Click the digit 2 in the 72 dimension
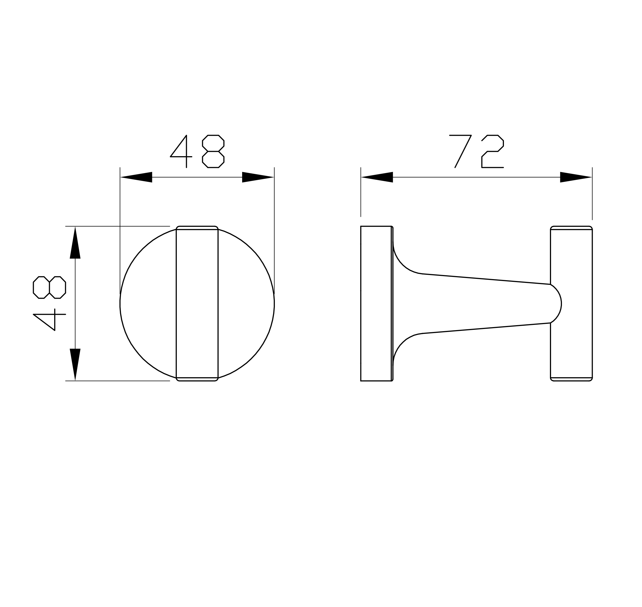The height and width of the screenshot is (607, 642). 492,151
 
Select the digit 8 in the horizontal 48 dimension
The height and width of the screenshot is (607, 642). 213,151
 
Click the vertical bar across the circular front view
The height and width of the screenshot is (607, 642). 197,304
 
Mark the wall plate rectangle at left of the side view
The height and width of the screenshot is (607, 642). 376,304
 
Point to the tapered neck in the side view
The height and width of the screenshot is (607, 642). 478,304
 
